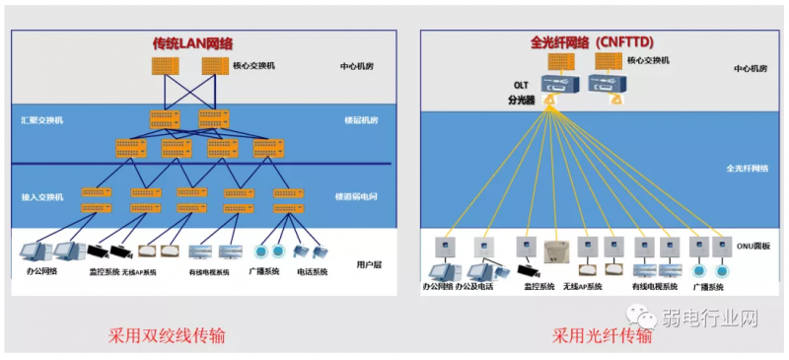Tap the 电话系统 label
(312, 271)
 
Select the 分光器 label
(520, 100)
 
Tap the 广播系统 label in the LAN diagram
(260, 271)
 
